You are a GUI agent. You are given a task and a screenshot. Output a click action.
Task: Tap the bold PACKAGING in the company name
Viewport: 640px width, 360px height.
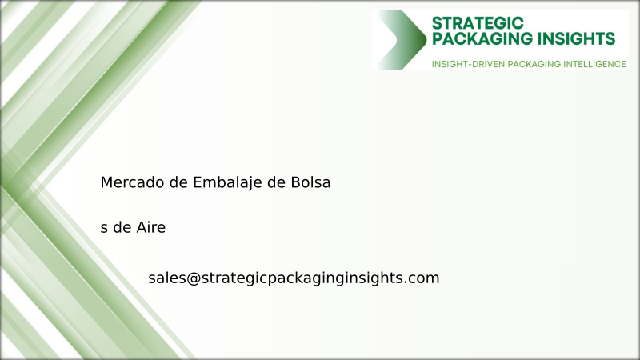click(x=478, y=38)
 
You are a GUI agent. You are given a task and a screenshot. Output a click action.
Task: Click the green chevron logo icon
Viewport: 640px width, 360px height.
click(x=402, y=39)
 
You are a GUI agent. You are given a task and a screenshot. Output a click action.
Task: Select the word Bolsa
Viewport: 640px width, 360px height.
click(x=310, y=182)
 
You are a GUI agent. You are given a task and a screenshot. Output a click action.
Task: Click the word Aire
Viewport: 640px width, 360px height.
click(x=150, y=228)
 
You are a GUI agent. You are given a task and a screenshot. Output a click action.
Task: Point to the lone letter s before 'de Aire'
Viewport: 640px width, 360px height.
click(x=104, y=229)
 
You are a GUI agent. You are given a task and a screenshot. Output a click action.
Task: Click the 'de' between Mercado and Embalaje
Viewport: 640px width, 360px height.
click(x=179, y=182)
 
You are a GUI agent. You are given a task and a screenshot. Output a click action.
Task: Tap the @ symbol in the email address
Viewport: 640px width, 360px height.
click(x=192, y=278)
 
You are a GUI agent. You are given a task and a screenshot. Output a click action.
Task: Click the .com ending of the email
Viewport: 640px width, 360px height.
click(x=422, y=278)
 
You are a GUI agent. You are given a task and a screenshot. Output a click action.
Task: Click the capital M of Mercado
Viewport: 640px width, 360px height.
click(x=106, y=182)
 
